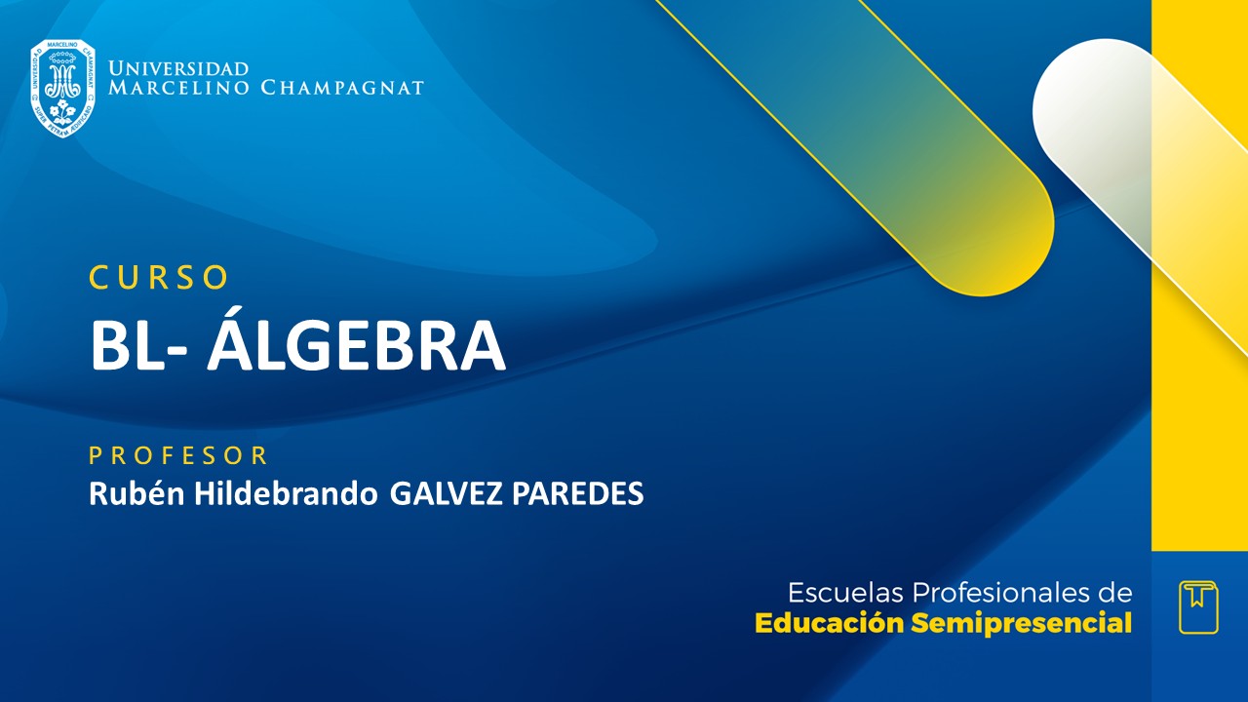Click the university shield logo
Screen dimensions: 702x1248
coord(62,88)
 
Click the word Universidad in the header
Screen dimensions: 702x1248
coord(178,69)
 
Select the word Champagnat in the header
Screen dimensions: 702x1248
coord(342,88)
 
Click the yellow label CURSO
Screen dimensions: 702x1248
coord(159,278)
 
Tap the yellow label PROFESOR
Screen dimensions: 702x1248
coord(178,455)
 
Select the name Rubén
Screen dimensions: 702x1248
coord(133,494)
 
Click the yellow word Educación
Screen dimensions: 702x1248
coord(830,623)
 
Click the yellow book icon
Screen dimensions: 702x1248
coord(1198,606)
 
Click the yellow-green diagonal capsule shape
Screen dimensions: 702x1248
coord(916,146)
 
